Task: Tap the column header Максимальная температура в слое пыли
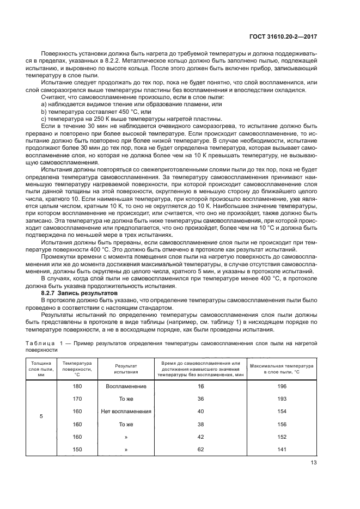tap(282, 369)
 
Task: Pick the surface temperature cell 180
tap(77, 386)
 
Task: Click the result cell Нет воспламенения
tap(126, 412)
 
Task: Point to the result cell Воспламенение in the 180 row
tap(126, 386)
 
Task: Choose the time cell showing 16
tap(200, 386)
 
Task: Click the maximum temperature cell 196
tap(282, 386)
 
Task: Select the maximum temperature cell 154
tap(282, 412)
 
